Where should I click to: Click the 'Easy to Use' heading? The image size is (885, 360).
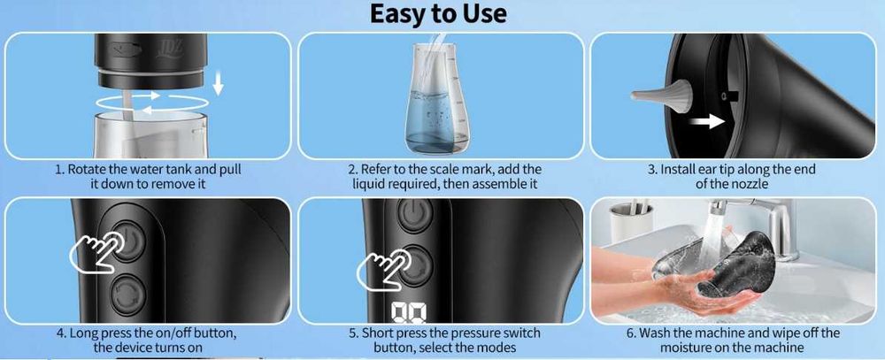438,13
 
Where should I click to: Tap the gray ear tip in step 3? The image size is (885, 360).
662,93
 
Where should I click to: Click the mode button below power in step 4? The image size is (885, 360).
128,294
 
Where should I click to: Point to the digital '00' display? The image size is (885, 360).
409,314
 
